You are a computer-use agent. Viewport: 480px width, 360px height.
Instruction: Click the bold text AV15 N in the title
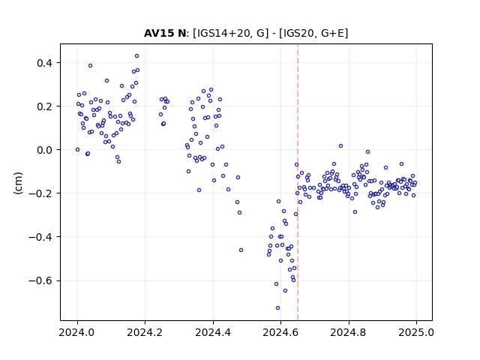165,33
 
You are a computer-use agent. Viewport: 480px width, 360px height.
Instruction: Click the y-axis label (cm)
18,183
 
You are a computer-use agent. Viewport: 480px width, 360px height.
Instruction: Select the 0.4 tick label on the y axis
46,63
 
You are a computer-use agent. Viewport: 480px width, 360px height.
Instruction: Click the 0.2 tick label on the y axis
46,106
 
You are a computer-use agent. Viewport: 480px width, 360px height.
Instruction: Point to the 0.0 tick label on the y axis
46,150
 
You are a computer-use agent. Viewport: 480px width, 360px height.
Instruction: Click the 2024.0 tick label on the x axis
77,332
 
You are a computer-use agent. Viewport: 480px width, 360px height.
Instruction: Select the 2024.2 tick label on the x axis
145,332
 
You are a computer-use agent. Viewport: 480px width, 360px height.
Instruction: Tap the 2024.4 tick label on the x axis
213,332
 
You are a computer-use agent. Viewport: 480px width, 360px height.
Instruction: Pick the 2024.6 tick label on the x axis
280,332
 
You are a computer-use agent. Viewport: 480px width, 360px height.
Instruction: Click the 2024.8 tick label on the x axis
348,332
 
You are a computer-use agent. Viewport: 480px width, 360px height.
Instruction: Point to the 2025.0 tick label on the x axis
416,332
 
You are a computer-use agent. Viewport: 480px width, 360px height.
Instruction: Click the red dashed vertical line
298,182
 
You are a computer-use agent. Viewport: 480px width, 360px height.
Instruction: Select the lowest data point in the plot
277,307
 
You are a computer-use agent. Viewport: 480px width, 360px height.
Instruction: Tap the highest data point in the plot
136,55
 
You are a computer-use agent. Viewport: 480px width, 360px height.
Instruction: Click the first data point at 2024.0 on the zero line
77,150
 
